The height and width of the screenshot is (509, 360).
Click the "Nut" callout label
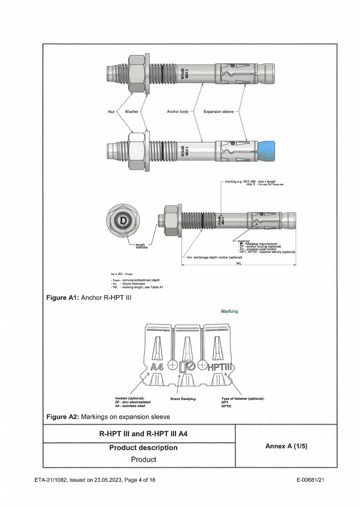(x=111, y=112)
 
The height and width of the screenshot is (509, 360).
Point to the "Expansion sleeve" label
(x=218, y=112)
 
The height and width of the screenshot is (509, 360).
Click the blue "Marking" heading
(x=229, y=310)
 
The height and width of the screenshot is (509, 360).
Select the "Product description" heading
(x=143, y=447)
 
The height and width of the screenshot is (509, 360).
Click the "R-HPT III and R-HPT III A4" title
(x=143, y=434)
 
